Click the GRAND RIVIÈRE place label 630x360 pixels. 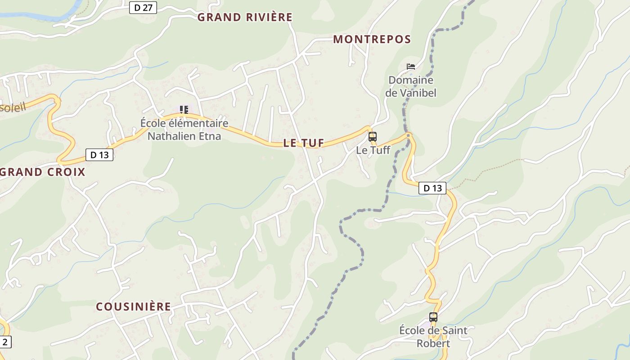pyautogui.click(x=245, y=18)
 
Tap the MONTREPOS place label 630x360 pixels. pyautogui.click(x=372, y=40)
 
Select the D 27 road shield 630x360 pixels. pyautogui.click(x=143, y=8)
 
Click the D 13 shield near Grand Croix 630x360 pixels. pyautogui.click(x=99, y=155)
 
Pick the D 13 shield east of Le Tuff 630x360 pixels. pyautogui.click(x=432, y=188)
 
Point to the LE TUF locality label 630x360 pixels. pyautogui.click(x=304, y=143)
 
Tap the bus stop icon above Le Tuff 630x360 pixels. pyautogui.click(x=373, y=137)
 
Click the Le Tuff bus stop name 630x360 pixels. pyautogui.click(x=373, y=150)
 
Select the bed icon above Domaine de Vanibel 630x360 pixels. pyautogui.click(x=410, y=67)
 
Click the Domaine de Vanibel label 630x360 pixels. pyautogui.click(x=411, y=86)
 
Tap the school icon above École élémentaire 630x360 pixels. pyautogui.click(x=184, y=110)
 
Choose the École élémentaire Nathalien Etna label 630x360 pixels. pyautogui.click(x=184, y=130)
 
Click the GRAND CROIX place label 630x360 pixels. pyautogui.click(x=43, y=172)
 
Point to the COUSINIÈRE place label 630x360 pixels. pyautogui.click(x=134, y=307)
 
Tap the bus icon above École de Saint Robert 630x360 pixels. pyautogui.click(x=433, y=317)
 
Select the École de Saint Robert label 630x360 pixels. pyautogui.click(x=433, y=337)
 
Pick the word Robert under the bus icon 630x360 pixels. pyautogui.click(x=433, y=343)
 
